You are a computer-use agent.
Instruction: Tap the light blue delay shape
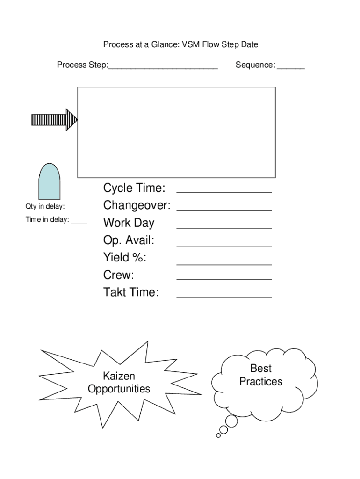point(49,182)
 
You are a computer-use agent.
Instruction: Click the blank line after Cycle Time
point(224,191)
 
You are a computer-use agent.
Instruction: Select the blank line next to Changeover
point(224,209)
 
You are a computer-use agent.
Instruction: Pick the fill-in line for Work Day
point(224,227)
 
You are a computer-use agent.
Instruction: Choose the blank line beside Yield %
point(224,263)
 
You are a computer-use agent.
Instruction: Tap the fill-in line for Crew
point(224,279)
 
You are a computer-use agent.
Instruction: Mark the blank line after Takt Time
point(224,297)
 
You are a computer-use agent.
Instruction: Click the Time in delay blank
point(79,222)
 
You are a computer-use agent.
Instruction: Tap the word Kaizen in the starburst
point(119,377)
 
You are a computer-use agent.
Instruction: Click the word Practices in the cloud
point(261,382)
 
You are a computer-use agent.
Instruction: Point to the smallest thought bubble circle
point(218,435)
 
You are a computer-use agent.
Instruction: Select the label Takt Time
point(131,293)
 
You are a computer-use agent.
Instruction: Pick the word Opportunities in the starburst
point(119,389)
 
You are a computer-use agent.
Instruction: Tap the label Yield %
point(125,258)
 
